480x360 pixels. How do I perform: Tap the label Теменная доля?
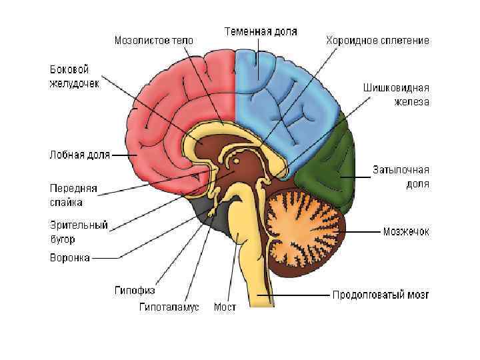(261, 31)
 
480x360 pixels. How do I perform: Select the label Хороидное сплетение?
(377, 41)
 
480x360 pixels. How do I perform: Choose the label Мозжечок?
(405, 232)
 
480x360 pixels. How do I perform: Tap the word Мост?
(225, 307)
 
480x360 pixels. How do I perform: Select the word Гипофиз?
(135, 291)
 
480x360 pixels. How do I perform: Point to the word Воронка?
(69, 257)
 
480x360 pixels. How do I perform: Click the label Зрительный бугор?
(78, 232)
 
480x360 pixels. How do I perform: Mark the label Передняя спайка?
(73, 194)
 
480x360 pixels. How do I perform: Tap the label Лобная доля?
(79, 155)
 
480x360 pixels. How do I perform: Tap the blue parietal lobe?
(287, 100)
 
